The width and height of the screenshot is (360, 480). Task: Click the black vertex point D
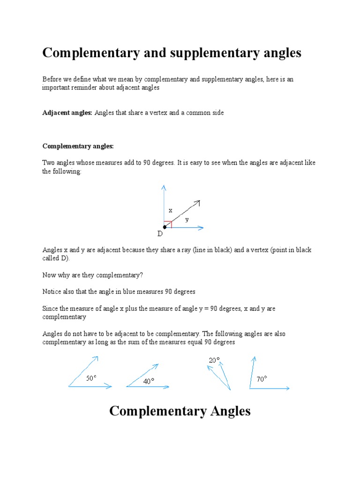[x=165, y=228]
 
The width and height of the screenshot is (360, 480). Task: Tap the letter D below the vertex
[x=160, y=234]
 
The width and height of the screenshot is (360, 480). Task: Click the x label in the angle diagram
[x=171, y=211]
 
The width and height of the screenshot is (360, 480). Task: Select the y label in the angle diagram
[x=187, y=219]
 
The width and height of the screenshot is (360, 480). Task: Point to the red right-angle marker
[x=168, y=224]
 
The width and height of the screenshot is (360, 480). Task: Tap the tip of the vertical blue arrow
[x=164, y=187]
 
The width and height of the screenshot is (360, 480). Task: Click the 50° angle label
[x=91, y=377]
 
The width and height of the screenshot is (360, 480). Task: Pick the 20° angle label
[x=214, y=360]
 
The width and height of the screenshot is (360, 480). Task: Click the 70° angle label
[x=262, y=379]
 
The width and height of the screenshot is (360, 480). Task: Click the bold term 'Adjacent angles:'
[x=67, y=113]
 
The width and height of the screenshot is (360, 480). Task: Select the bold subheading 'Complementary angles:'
[x=78, y=146]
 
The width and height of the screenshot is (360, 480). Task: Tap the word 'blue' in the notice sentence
[x=141, y=292]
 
